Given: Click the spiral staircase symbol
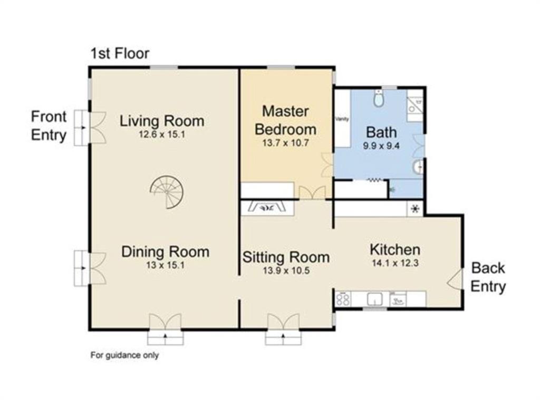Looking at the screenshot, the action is tap(167, 192).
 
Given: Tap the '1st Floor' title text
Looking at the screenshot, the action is tap(120, 53).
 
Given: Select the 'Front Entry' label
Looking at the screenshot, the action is tap(49, 126).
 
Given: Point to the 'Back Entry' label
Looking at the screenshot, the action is tap(488, 277).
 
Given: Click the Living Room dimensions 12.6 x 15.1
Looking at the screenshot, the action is tap(162, 134).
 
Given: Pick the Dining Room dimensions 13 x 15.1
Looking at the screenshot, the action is tap(165, 265).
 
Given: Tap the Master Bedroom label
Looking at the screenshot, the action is tap(285, 121).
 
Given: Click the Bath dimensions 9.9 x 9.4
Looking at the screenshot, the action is tap(381, 146).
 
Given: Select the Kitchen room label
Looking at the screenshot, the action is tap(395, 249).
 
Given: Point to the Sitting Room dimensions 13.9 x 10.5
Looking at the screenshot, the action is tap(286, 271).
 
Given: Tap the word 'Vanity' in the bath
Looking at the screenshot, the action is tap(342, 119).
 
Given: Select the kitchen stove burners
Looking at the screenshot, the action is tap(343, 298).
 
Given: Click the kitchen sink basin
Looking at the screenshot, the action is tap(375, 299).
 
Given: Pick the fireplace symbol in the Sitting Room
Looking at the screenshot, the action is tap(267, 207).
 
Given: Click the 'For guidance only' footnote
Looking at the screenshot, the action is tap(124, 355).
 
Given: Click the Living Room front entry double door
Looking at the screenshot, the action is tap(98, 127).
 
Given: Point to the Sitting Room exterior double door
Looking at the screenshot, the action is tap(283, 321).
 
